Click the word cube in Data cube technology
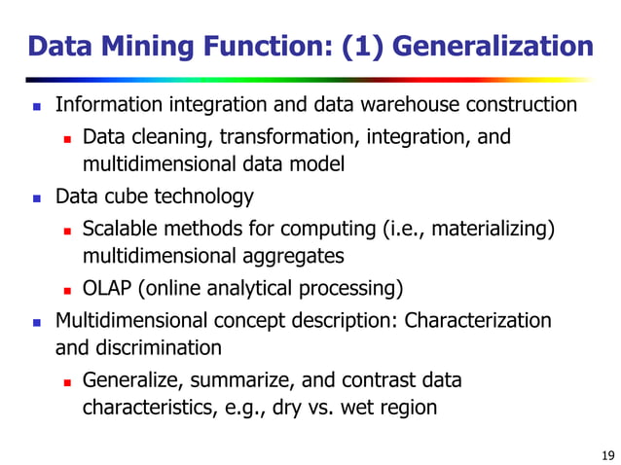click(x=124, y=197)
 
